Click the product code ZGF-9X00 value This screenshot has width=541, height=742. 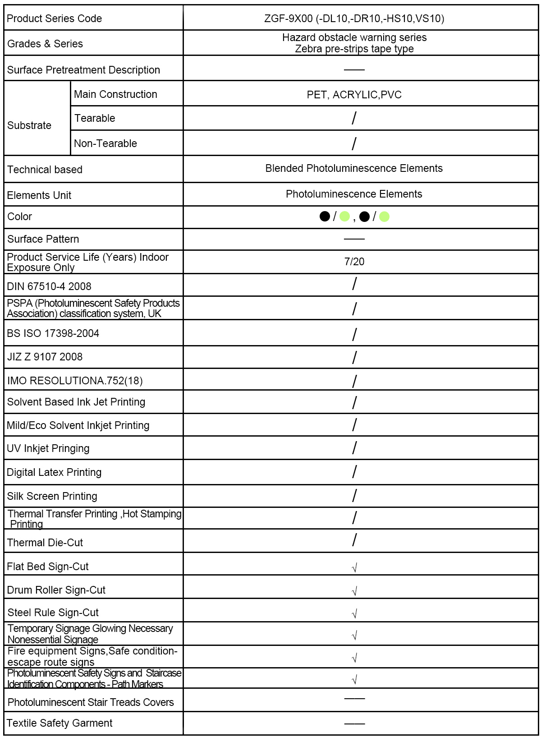(354, 18)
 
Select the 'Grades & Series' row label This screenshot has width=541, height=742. (45, 44)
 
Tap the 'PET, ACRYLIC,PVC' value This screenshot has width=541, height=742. (354, 95)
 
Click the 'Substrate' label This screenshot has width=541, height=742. (29, 125)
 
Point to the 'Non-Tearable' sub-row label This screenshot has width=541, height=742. (105, 143)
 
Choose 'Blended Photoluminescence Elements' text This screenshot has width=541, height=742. (354, 168)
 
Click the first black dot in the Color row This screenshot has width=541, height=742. (325, 217)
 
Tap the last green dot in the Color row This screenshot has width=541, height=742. (384, 217)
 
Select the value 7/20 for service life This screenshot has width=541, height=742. (354, 262)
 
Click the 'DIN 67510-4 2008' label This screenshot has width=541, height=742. (49, 286)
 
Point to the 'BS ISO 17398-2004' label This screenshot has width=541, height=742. (53, 333)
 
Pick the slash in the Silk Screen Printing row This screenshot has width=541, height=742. (354, 496)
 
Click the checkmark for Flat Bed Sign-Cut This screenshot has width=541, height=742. (354, 567)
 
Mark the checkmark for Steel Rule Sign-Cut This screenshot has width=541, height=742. (354, 613)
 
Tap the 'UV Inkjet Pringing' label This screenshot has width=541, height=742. (48, 448)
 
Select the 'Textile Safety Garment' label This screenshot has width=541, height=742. (60, 723)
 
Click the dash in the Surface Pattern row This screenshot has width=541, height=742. (354, 239)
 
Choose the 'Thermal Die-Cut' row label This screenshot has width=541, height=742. (45, 543)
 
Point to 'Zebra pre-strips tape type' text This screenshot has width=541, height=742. (354, 49)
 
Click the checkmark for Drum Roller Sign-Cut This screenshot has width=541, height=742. (354, 591)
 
